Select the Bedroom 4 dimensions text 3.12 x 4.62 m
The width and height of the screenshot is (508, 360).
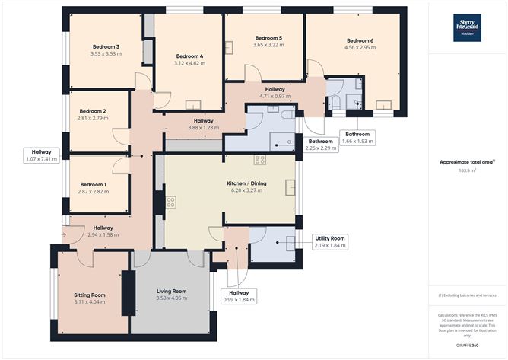pos(190,63)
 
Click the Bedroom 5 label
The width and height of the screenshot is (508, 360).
pos(268,38)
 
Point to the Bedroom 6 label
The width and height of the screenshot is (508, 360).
pos(360,40)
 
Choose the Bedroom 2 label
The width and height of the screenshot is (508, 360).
pos(93,111)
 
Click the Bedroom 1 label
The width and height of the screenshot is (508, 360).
pos(93,184)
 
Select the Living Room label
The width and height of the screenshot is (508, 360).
pos(172,291)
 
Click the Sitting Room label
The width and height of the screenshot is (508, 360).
pos(89,294)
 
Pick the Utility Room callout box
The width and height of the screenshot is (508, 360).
pos(330,241)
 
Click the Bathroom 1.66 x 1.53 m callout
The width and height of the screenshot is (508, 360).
pos(357,138)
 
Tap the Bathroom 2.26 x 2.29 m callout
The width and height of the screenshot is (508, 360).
pos(320,145)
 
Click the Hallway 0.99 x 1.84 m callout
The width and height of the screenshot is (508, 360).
pos(238,295)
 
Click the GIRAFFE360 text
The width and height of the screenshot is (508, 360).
pos(468,345)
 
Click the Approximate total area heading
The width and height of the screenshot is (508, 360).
pos(466,162)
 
